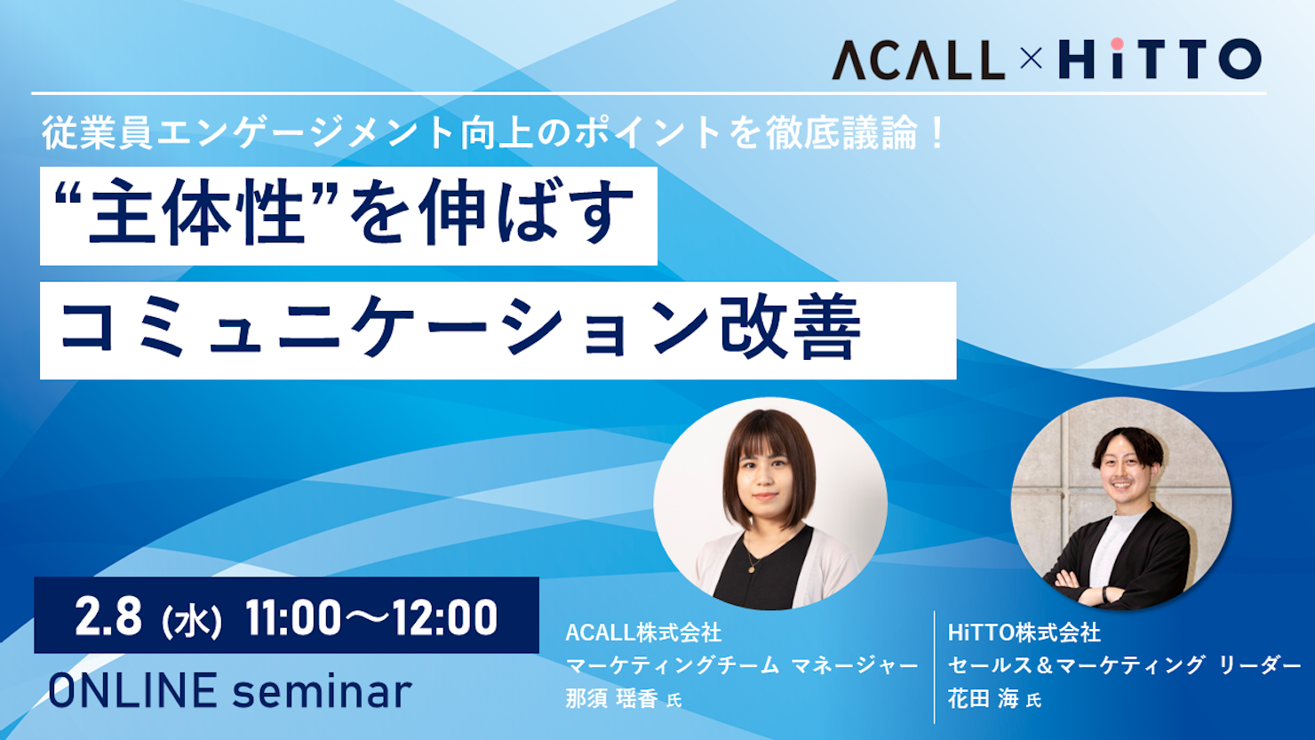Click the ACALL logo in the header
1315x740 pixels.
pyautogui.click(x=918, y=60)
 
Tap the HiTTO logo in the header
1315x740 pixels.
pyautogui.click(x=1160, y=59)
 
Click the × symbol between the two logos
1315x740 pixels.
pyautogui.click(x=1032, y=60)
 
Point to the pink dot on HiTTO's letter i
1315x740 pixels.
pyautogui.click(x=1117, y=44)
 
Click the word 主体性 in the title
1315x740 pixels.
pyautogui.click(x=195, y=212)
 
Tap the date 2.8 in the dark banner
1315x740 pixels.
pyautogui.click(x=108, y=617)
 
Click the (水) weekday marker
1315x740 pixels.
pyautogui.click(x=192, y=621)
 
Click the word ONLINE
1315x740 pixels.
pyautogui.click(x=132, y=691)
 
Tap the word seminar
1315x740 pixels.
pyautogui.click(x=322, y=692)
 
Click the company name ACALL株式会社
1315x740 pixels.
pyautogui.click(x=643, y=633)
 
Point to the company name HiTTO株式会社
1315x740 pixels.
pyautogui.click(x=1024, y=633)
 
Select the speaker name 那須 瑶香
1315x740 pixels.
pyautogui.click(x=611, y=699)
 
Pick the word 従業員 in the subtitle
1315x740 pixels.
pyautogui.click(x=98, y=133)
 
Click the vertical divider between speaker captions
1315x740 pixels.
pyautogui.click(x=934, y=667)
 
